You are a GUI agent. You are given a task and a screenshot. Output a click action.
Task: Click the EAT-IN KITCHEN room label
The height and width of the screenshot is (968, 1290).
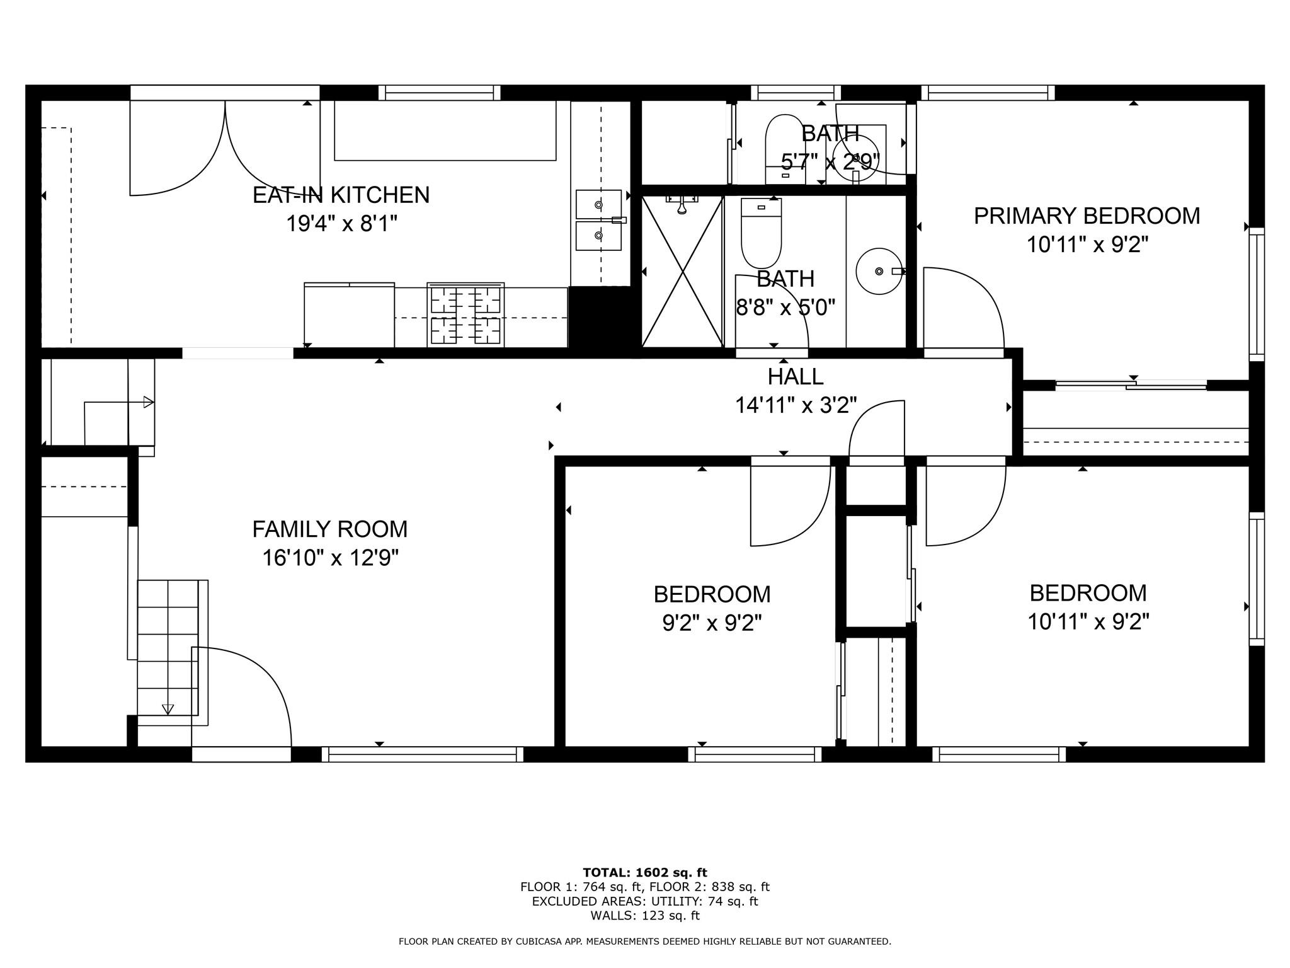[341, 195]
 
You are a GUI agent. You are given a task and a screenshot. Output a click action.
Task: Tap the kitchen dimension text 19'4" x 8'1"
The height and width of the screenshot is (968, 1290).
[342, 224]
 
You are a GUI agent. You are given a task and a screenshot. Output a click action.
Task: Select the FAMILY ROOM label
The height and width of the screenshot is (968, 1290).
[329, 529]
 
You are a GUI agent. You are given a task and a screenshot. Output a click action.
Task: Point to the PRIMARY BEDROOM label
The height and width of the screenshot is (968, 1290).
[1087, 216]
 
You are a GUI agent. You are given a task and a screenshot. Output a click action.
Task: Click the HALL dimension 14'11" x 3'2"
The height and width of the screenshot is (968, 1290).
[796, 405]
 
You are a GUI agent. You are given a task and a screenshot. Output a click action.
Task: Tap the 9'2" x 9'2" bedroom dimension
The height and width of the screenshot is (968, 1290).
[712, 623]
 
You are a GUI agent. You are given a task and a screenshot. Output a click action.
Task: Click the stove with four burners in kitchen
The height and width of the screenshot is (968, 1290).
[465, 314]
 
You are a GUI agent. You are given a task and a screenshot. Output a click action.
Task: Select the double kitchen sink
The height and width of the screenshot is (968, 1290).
[598, 220]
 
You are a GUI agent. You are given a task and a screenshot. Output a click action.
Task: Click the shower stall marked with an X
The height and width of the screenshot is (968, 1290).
[682, 272]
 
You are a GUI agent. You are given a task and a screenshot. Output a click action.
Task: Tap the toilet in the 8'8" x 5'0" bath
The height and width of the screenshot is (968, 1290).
[761, 233]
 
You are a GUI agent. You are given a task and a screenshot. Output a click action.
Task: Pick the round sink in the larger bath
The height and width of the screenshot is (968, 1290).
[878, 271]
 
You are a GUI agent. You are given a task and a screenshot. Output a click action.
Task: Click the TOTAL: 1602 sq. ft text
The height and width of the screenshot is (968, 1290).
[644, 872]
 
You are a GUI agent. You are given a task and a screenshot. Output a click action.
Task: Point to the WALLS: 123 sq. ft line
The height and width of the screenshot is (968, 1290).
[644, 915]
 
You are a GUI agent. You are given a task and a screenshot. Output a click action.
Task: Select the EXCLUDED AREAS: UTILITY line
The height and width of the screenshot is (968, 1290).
[644, 901]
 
